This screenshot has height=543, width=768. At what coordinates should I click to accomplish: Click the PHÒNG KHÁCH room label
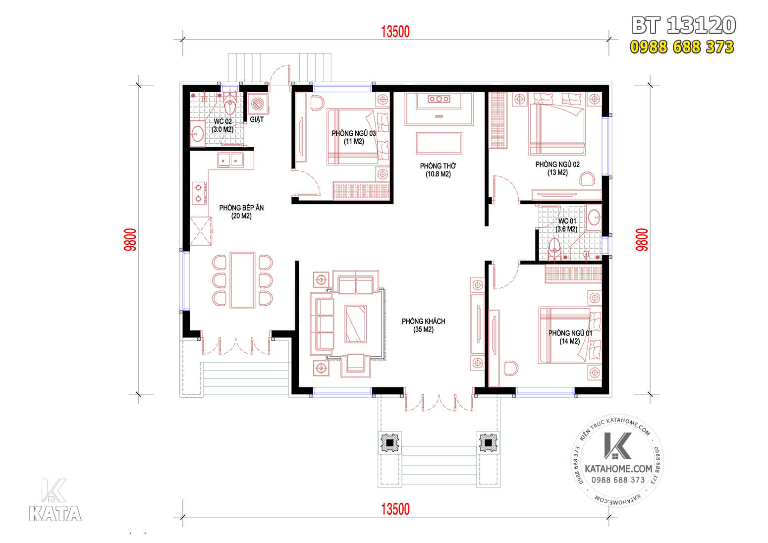point(424,326)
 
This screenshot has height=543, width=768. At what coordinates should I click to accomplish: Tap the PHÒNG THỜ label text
point(438,170)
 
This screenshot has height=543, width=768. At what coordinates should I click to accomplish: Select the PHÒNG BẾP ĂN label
point(241,212)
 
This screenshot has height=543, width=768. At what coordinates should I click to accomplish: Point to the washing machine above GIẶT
point(258,104)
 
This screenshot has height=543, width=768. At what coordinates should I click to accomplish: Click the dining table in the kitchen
point(243,280)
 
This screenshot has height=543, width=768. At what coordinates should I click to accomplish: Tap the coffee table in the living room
point(356,324)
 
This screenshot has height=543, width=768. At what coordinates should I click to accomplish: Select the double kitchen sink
point(230,160)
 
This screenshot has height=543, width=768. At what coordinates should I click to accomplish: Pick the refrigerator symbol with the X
point(201,231)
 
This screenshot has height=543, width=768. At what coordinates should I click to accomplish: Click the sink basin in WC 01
point(594,217)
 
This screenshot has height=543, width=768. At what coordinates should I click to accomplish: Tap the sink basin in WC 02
point(197,133)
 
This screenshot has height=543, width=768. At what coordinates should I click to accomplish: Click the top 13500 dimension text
point(395,32)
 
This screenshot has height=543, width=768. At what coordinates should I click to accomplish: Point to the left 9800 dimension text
point(130,240)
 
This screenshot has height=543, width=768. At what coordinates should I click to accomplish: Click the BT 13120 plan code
point(684,25)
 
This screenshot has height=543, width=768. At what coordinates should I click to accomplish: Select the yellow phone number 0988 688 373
point(682,47)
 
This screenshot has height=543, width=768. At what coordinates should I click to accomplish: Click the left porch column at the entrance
point(390,443)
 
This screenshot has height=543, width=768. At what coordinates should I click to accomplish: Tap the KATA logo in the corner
point(55,500)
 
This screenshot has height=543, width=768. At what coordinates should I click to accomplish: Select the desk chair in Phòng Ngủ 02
point(587,179)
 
